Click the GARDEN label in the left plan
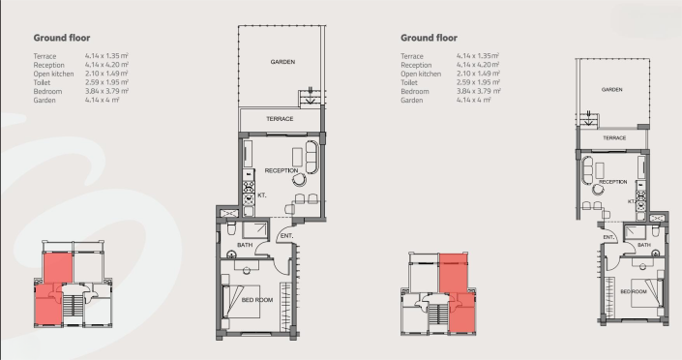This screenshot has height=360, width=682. coord(282,62)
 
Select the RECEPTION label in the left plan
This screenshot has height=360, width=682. coord(282,171)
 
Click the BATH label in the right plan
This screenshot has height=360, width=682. coord(643,245)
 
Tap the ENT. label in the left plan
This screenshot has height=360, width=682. coord(286,235)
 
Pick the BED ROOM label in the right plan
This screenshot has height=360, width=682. coord(634,291)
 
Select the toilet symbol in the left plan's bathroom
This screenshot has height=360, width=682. coord(231,230)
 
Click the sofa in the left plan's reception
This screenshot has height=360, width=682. coord(311,156)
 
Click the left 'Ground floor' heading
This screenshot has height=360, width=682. coord(62,38)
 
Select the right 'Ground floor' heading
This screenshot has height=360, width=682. coord(429,38)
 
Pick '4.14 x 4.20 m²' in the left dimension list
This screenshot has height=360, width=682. coord(106,65)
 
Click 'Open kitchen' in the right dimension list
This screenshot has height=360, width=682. coord(421,74)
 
